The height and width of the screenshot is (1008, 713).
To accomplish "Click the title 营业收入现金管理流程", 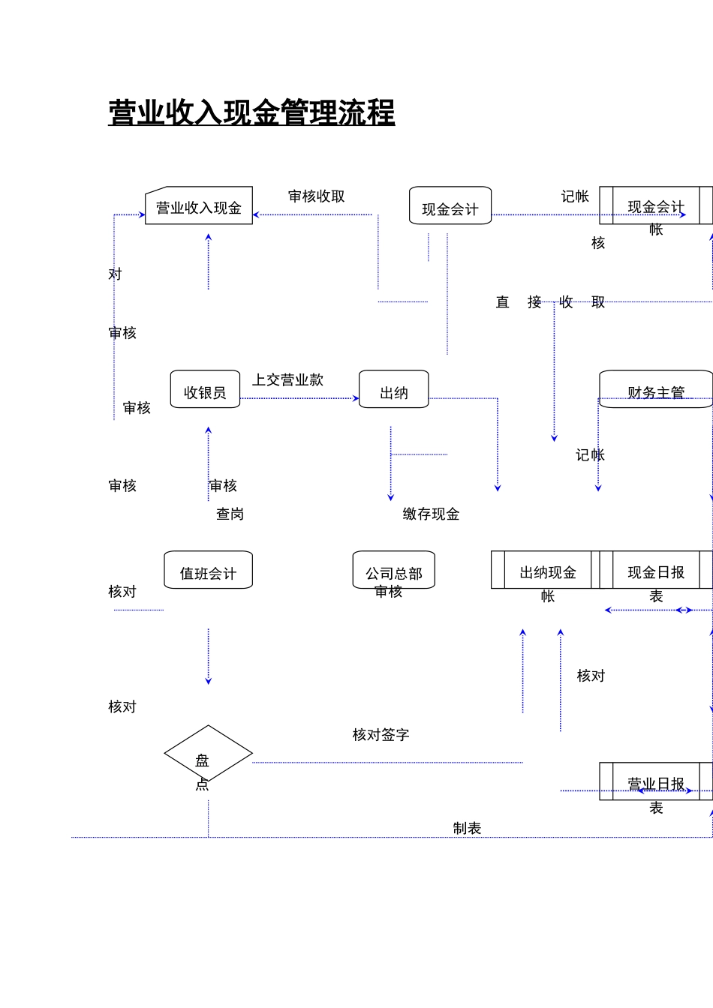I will (x=251, y=113).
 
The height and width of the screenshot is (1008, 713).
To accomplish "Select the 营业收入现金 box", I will (x=199, y=206).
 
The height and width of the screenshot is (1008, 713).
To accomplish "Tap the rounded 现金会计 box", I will (x=450, y=206).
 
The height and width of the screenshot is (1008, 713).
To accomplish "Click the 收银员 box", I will (x=205, y=389).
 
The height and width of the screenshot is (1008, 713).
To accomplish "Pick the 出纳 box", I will (x=394, y=389).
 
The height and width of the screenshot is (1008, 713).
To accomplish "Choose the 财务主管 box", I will (x=656, y=389).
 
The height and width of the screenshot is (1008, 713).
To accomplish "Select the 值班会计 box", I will (x=209, y=571).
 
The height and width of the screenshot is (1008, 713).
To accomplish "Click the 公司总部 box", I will (x=394, y=571).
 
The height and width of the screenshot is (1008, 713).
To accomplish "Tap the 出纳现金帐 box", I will (x=547, y=571).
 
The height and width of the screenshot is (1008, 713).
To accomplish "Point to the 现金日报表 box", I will (x=656, y=571).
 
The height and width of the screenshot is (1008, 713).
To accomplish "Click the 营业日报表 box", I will (x=656, y=782).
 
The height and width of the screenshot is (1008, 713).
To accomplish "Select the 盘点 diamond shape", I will (x=209, y=754).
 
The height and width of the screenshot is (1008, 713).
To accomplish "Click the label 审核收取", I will (x=317, y=196).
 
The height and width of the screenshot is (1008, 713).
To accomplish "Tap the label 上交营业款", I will (x=287, y=380).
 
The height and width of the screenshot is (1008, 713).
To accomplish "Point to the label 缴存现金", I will (x=431, y=514).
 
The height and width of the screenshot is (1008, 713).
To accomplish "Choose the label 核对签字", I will (x=381, y=735).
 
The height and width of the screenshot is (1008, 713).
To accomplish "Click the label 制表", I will (x=467, y=829).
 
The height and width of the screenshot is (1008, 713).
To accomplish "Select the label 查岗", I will (x=230, y=514).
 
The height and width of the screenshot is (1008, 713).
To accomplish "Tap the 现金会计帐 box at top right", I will (x=656, y=206).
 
